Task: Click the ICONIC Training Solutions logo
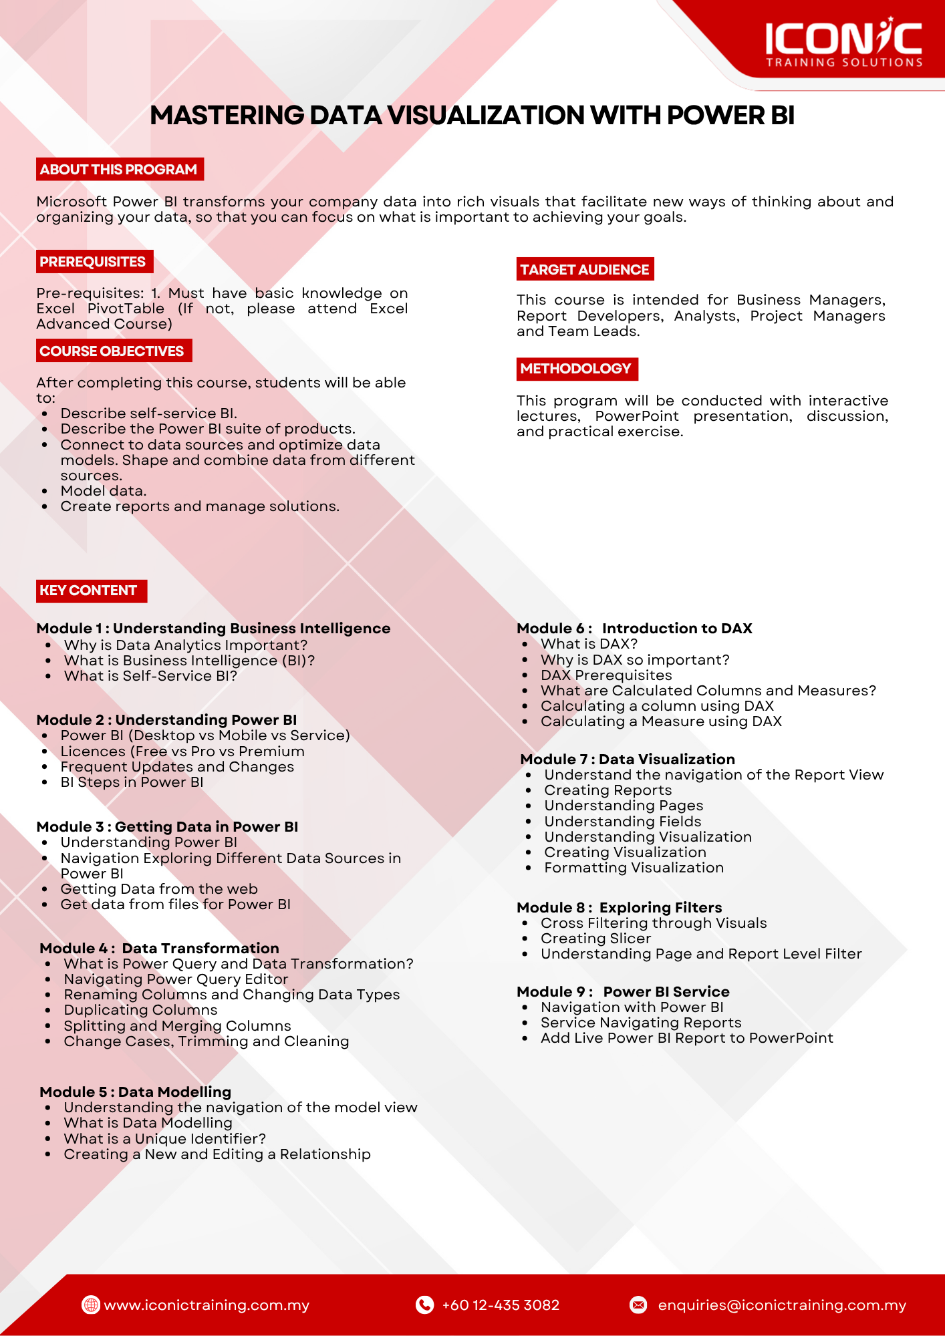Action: pyautogui.click(x=843, y=43)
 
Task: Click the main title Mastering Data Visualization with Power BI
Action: pyautogui.click(x=472, y=116)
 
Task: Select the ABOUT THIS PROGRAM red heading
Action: pyautogui.click(x=119, y=170)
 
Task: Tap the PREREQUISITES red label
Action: pyautogui.click(x=94, y=262)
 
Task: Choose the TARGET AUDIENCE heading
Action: pyautogui.click(x=585, y=269)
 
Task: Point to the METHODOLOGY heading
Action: pyautogui.click(x=576, y=369)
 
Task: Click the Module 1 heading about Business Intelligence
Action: pyautogui.click(x=213, y=629)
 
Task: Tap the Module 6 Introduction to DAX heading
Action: pyautogui.click(x=634, y=629)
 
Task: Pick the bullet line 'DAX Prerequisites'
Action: pyautogui.click(x=606, y=675)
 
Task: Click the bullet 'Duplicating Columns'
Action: pyautogui.click(x=140, y=1010)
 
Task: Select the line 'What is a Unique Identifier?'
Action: pyautogui.click(x=164, y=1139)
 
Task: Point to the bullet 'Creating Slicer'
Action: pyautogui.click(x=595, y=939)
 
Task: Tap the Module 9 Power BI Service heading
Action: pyautogui.click(x=623, y=992)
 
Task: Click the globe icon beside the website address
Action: pyautogui.click(x=90, y=1305)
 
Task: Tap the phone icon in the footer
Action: pyautogui.click(x=424, y=1305)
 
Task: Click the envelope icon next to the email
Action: pyautogui.click(x=639, y=1305)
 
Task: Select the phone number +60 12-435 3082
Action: pyautogui.click(x=501, y=1305)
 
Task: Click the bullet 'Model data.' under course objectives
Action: pyautogui.click(x=103, y=491)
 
